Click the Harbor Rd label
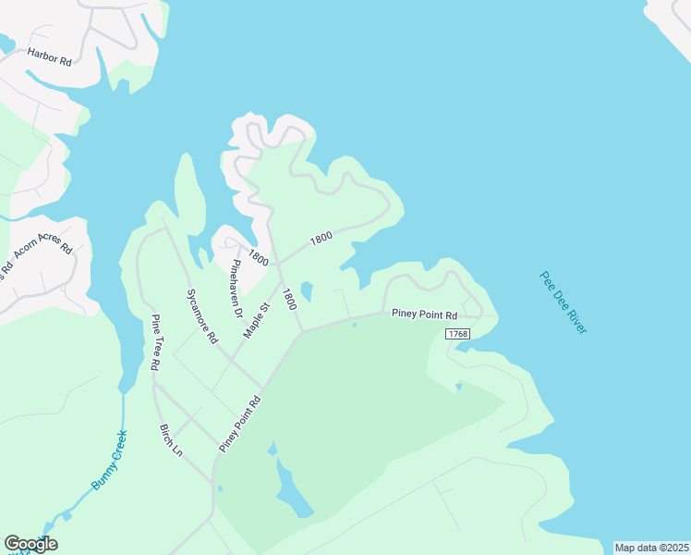pos(50,56)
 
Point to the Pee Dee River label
pos(564,302)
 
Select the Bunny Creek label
pos(108,459)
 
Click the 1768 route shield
pos(457,333)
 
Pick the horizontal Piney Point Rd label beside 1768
pos(425,314)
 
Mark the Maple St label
pos(256,319)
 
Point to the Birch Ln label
pos(171,441)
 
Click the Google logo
pos(30,544)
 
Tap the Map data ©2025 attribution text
pos(651,548)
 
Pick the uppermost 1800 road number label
pos(321,238)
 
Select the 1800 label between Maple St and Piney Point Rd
pos(289,299)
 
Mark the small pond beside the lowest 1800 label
pos(307,291)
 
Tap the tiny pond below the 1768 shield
pos(458,386)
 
